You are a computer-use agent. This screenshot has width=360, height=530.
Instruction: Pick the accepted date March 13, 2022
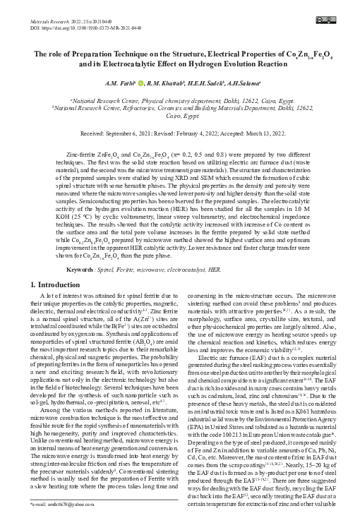click(x=262, y=133)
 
